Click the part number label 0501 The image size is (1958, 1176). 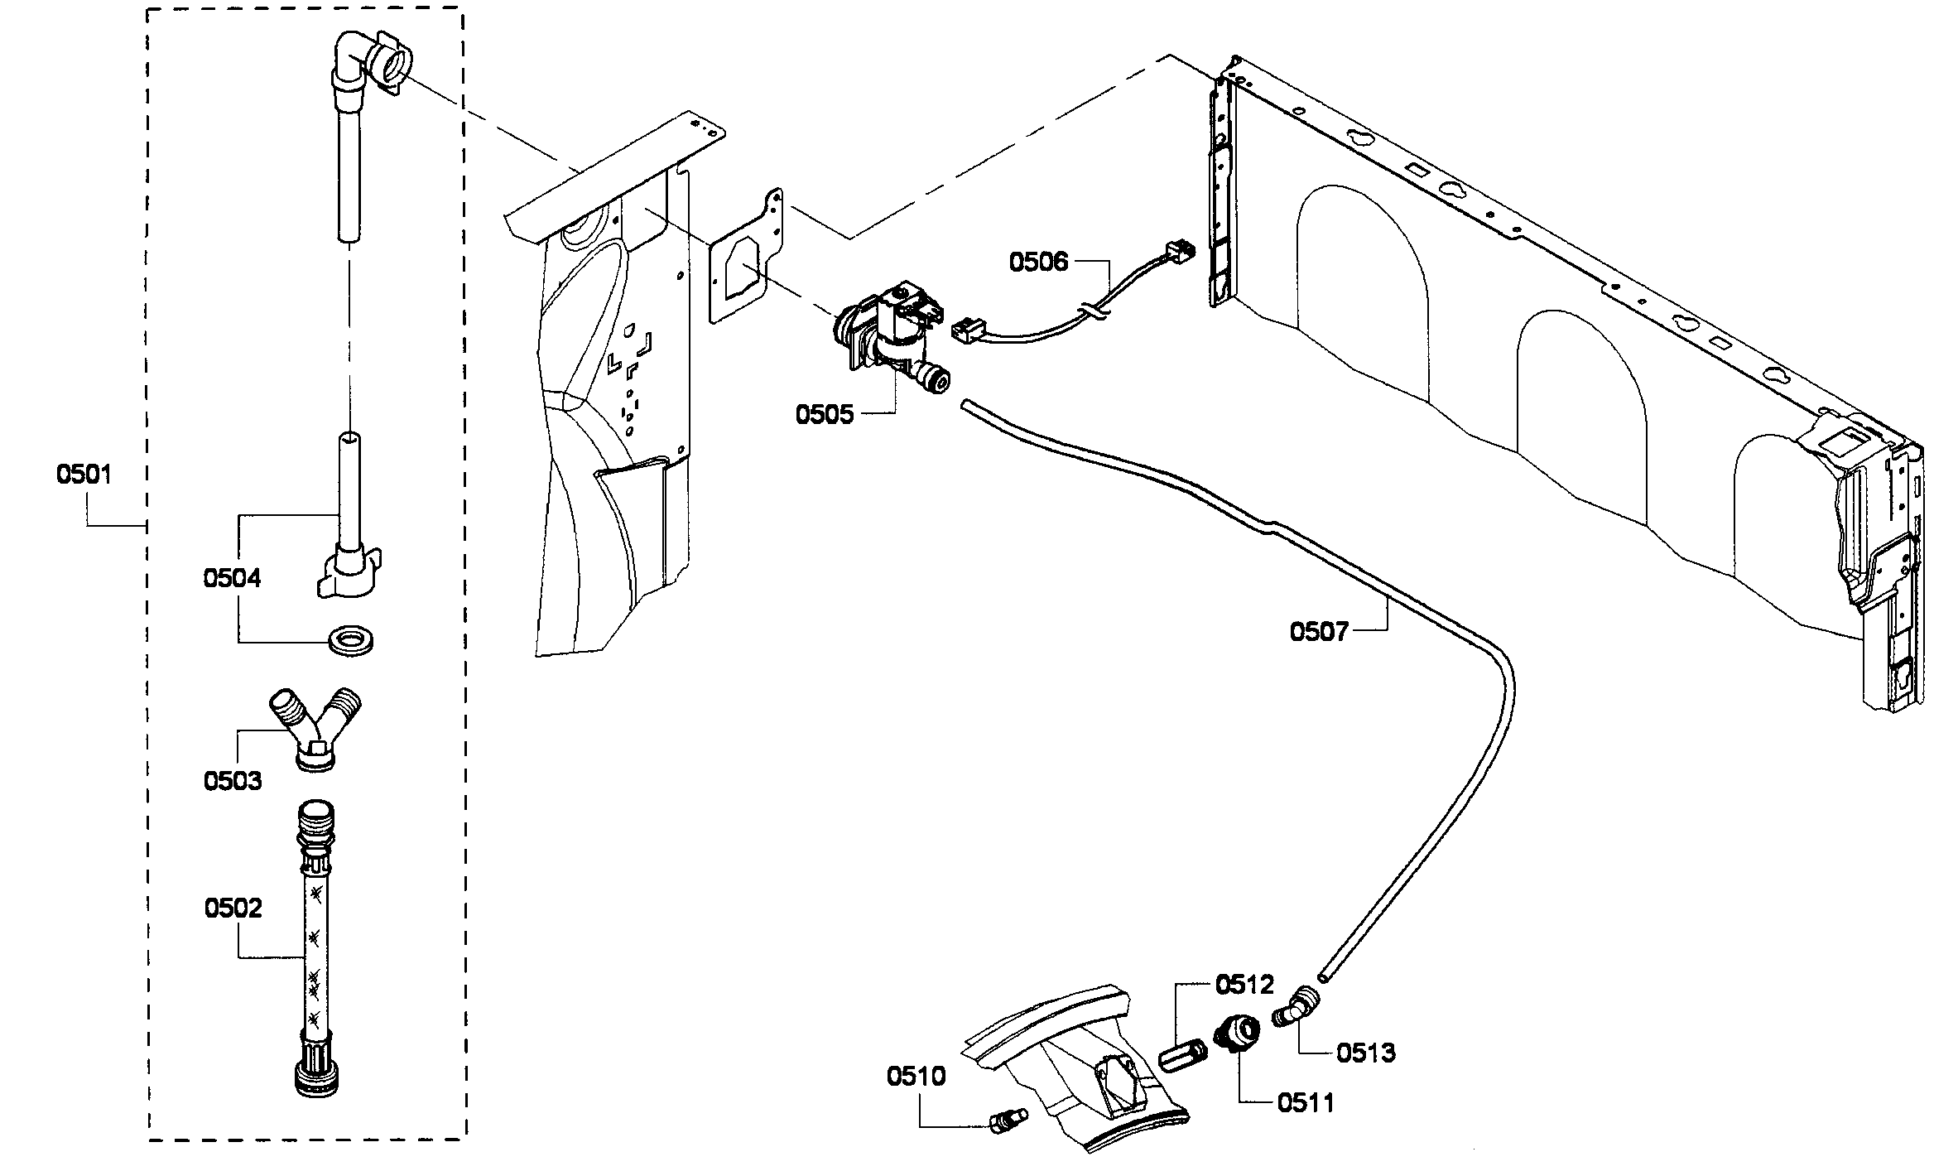pyautogui.click(x=84, y=475)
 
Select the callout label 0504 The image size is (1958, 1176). pyautogui.click(x=232, y=578)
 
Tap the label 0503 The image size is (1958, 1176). pyautogui.click(x=233, y=780)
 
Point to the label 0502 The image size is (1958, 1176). pyautogui.click(x=233, y=908)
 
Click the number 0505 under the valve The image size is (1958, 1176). pyautogui.click(x=824, y=414)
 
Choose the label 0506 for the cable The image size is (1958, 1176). pyautogui.click(x=1038, y=262)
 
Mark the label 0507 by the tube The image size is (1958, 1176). pyautogui.click(x=1319, y=632)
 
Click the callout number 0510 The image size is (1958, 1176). pyautogui.click(x=916, y=1077)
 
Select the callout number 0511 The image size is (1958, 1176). pyautogui.click(x=1306, y=1102)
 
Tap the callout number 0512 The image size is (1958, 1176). pyautogui.click(x=1244, y=985)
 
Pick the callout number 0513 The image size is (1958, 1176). pyautogui.click(x=1365, y=1053)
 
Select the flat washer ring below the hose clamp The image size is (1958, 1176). pyautogui.click(x=351, y=639)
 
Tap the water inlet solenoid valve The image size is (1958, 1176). pyautogui.click(x=890, y=335)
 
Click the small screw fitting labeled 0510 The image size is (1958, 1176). pyautogui.click(x=1007, y=1120)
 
